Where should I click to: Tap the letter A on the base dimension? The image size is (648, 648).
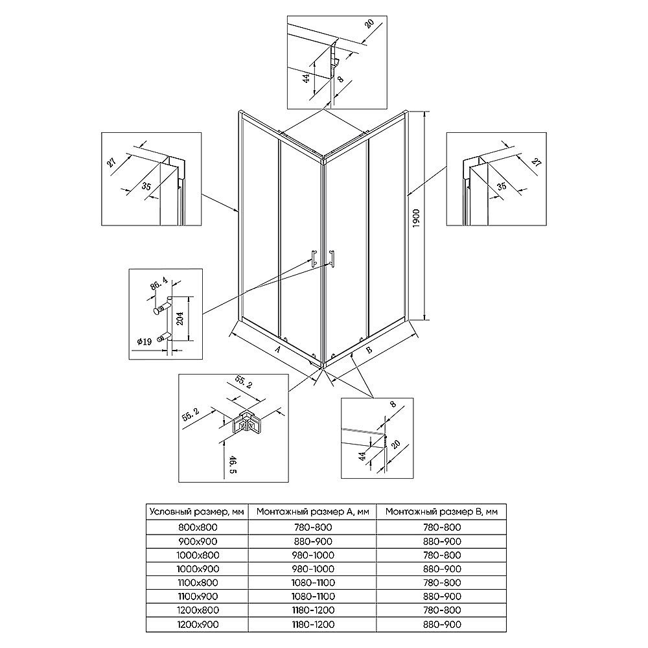277,349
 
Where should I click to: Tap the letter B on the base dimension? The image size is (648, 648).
369,350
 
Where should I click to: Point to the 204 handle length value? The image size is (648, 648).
181,318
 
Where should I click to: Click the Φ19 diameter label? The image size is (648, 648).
145,341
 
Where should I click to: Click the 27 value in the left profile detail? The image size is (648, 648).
111,161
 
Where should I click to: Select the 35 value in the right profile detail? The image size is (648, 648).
502,187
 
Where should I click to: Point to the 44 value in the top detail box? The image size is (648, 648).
307,78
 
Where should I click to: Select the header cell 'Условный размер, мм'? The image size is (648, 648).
197,512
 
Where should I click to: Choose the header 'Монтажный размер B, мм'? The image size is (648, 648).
441,512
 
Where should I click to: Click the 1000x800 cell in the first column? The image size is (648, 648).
198,555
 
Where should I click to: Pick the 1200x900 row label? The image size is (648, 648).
198,625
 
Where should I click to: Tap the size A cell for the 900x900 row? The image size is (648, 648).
313,541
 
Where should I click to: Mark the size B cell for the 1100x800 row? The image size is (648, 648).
442,583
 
